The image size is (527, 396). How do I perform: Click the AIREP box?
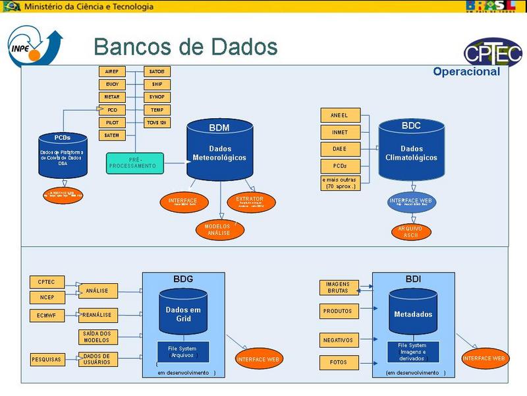coord(111,71)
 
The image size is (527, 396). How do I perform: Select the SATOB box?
coord(157,71)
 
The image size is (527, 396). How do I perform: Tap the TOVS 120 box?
coord(157,123)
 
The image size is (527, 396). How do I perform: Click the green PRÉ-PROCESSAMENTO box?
coord(134,163)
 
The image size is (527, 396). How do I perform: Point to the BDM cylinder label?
coord(219,127)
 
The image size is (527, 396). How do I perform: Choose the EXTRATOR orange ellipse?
coord(250,201)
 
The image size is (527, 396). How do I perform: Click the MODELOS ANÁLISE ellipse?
coord(219,229)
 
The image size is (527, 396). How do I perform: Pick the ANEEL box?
coord(340,115)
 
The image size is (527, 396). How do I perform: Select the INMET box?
coord(340,132)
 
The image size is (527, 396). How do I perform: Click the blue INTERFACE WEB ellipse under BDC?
coord(412,201)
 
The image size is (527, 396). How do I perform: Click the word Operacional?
coord(466,72)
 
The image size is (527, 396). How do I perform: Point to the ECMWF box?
coord(47,315)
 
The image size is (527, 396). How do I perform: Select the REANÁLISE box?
coord(97,315)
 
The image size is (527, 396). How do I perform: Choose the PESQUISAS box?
coord(47,360)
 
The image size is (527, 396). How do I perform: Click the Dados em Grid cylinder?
coord(182,314)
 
